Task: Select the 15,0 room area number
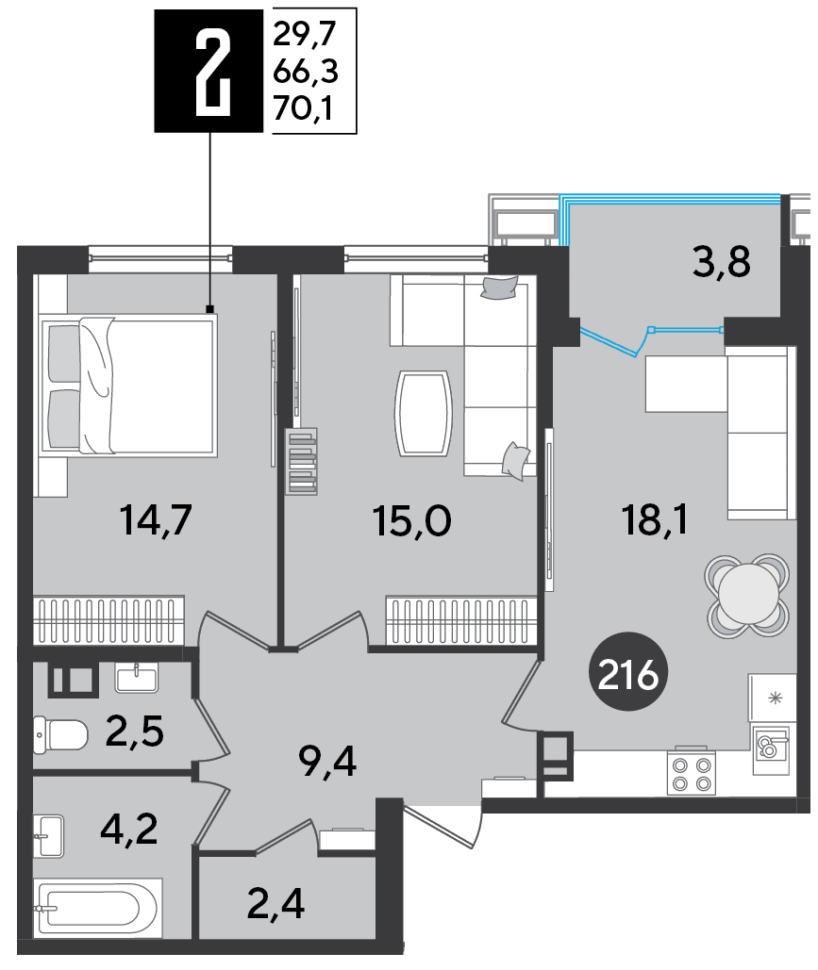(411, 521)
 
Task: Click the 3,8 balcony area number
(722, 262)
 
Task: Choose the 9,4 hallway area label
(327, 762)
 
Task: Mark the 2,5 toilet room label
(134, 731)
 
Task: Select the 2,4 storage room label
(275, 904)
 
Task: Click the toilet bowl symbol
(60, 735)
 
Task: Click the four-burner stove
(691, 773)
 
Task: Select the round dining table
(747, 595)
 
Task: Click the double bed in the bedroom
(128, 386)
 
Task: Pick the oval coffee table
(424, 413)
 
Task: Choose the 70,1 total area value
(304, 109)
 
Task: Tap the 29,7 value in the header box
(304, 33)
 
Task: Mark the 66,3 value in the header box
(306, 72)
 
